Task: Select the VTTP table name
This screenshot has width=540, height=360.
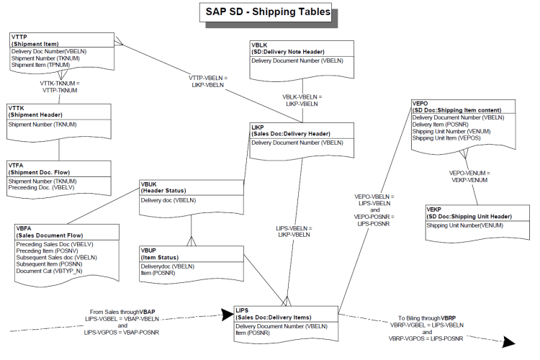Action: point(20,37)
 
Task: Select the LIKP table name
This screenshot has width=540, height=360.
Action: point(258,127)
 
